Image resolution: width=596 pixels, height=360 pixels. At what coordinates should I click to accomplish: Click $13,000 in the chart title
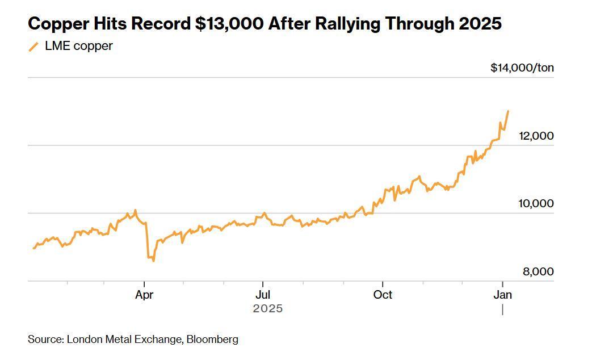point(229,24)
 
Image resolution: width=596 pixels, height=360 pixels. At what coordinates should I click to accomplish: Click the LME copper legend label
point(79,46)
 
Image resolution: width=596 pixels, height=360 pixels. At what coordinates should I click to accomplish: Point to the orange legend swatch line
point(34,47)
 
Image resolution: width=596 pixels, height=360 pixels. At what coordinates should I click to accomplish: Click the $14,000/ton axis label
point(522,68)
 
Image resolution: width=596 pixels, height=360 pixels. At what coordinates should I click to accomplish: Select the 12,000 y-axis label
point(536,136)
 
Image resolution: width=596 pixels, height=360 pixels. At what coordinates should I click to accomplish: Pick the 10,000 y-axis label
point(536,204)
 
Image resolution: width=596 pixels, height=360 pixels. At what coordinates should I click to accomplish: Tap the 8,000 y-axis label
point(538,272)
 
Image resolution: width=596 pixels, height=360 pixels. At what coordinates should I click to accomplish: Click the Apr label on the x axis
point(145,295)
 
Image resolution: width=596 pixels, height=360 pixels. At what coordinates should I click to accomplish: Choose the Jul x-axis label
point(263,295)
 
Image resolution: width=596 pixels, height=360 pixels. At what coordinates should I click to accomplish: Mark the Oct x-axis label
point(383,295)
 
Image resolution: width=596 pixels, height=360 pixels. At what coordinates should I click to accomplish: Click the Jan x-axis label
point(503,295)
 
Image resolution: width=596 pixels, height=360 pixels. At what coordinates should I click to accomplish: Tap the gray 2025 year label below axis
point(268,309)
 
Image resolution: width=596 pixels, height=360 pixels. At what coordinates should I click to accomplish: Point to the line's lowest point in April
point(153,261)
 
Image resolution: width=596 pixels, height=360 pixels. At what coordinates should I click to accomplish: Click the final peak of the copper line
point(508,111)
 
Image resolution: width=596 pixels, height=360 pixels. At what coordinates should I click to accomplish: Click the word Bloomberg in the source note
point(212,340)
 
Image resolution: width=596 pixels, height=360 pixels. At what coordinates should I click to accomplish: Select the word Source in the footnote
point(45,340)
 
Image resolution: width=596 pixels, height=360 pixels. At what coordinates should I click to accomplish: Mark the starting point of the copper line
point(33,248)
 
